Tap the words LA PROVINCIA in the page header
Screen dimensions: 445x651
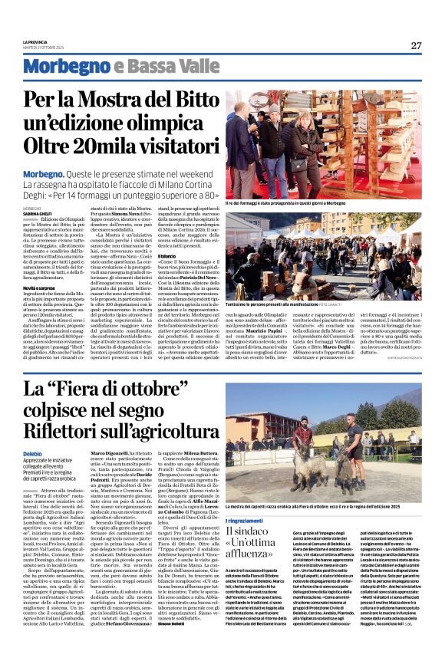tap(36, 41)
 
